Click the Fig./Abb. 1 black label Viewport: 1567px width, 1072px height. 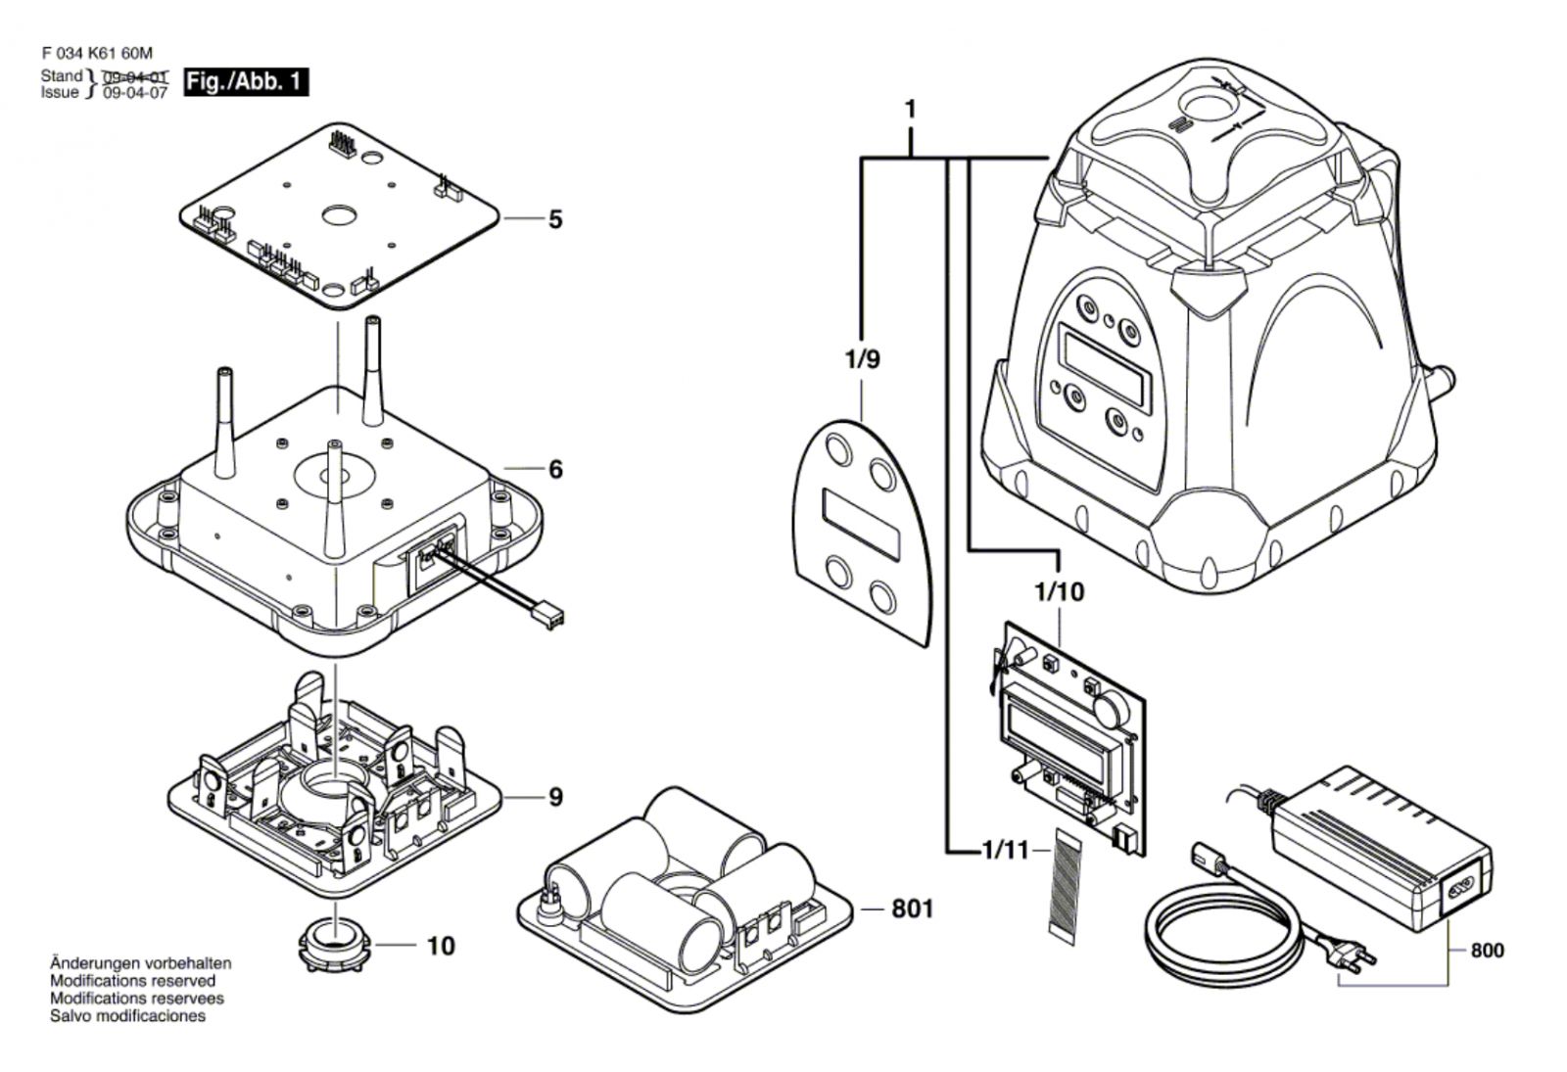click(246, 82)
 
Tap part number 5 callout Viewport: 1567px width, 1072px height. click(554, 219)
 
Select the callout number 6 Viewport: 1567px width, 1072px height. click(555, 469)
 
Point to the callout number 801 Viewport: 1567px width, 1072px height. click(913, 909)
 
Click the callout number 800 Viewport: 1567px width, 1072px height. click(1488, 951)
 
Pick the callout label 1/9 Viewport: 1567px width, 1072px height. click(863, 359)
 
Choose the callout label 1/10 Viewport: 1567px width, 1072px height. click(1059, 591)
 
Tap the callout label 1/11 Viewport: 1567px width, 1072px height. click(1006, 851)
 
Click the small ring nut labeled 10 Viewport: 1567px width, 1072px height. click(335, 946)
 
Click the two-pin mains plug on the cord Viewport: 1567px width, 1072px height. click(1354, 960)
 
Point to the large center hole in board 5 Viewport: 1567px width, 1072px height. click(339, 214)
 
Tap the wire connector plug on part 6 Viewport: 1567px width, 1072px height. click(550, 618)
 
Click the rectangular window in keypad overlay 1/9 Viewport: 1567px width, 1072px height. click(861, 524)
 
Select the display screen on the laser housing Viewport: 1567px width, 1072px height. click(1105, 367)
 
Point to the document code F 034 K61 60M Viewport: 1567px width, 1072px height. click(97, 53)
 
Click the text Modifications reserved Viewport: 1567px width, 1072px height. click(133, 980)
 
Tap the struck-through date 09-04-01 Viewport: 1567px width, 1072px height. click(135, 76)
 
